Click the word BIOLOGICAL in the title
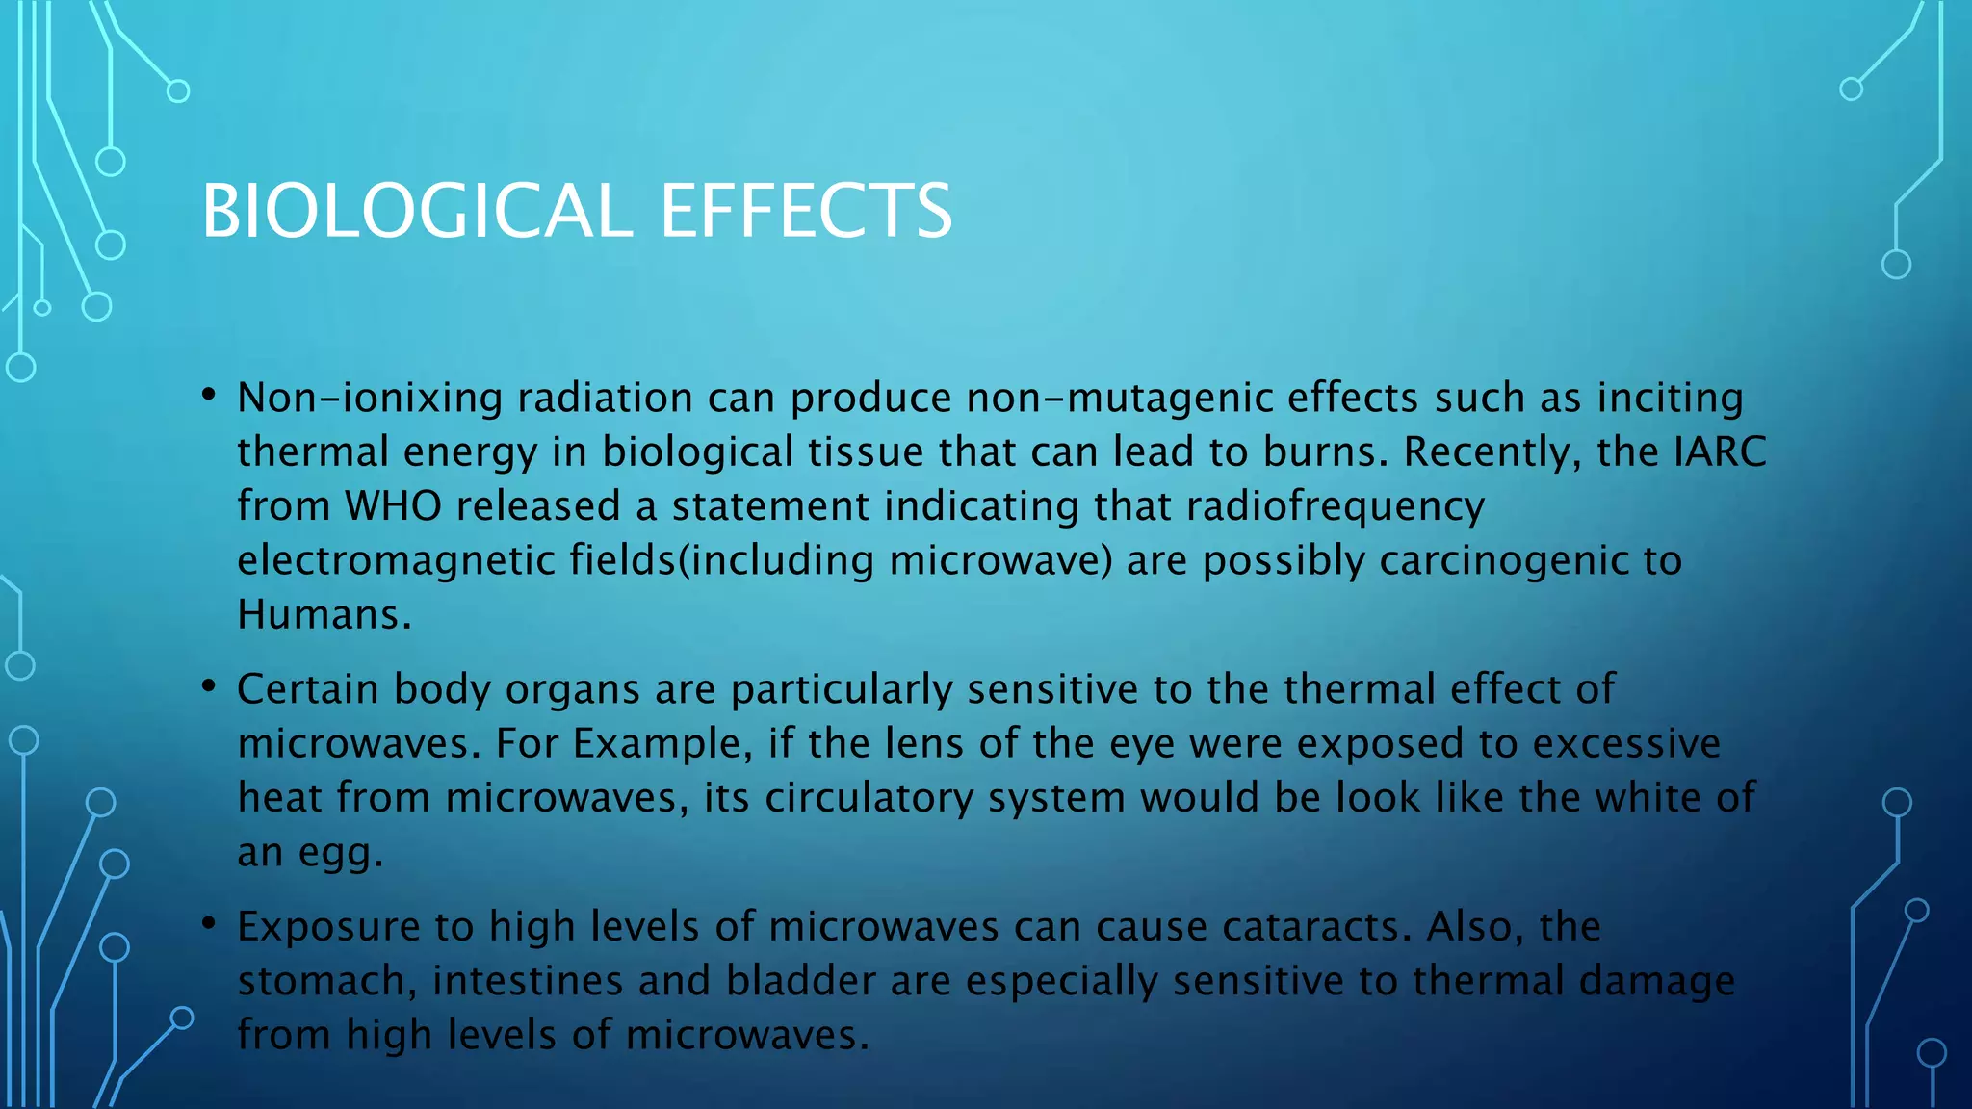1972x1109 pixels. click(416, 211)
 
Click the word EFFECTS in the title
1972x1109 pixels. click(806, 211)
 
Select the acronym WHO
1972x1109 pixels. click(393, 505)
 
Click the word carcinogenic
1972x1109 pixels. click(1496, 561)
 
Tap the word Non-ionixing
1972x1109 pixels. click(370, 398)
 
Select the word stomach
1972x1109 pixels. click(321, 981)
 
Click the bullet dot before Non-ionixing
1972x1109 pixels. click(208, 395)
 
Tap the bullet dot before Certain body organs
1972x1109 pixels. click(208, 686)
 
